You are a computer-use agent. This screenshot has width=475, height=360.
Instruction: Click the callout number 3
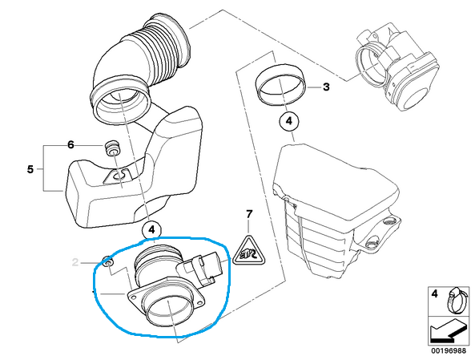pyautogui.click(x=326, y=87)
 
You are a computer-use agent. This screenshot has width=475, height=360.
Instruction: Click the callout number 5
pyautogui.click(x=30, y=169)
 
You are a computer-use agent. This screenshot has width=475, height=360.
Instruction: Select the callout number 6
pyautogui.click(x=70, y=144)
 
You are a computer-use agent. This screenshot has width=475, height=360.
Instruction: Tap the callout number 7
pyautogui.click(x=249, y=214)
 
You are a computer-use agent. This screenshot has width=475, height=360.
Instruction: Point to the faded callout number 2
pyautogui.click(x=75, y=262)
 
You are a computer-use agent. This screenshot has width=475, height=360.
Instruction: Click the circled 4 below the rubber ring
pyautogui.click(x=289, y=121)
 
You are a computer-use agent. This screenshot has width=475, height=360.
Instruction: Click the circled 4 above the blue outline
pyautogui.click(x=151, y=230)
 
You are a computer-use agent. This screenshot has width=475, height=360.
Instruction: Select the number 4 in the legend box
pyautogui.click(x=435, y=293)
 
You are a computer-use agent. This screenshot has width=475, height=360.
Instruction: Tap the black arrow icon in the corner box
pyautogui.click(x=448, y=331)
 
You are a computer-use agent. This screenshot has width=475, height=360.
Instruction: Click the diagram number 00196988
pyautogui.click(x=449, y=351)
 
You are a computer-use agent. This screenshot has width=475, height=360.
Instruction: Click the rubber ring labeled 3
pyautogui.click(x=280, y=85)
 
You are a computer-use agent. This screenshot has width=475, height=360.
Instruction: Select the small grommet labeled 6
pyautogui.click(x=112, y=148)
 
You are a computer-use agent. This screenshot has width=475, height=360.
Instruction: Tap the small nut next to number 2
pyautogui.click(x=107, y=261)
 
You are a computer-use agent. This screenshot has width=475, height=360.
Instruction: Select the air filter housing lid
pyautogui.click(x=336, y=183)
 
